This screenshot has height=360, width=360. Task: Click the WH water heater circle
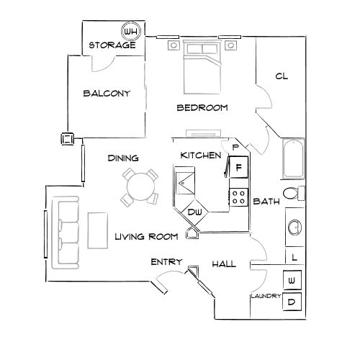130,32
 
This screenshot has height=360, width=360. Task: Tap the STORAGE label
112,45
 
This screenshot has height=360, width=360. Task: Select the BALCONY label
106,93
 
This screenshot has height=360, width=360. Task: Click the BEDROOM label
202,108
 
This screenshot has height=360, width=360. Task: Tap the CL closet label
282,76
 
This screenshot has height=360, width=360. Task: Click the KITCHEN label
200,156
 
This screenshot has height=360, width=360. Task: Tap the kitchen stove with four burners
238,197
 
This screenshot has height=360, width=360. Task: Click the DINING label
122,158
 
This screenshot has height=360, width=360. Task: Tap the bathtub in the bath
294,158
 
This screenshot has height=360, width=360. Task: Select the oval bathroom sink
295,228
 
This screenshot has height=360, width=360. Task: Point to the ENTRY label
166,262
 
